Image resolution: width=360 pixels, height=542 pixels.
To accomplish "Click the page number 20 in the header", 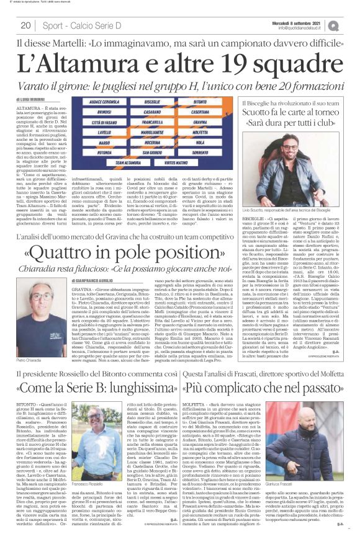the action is (26, 25).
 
